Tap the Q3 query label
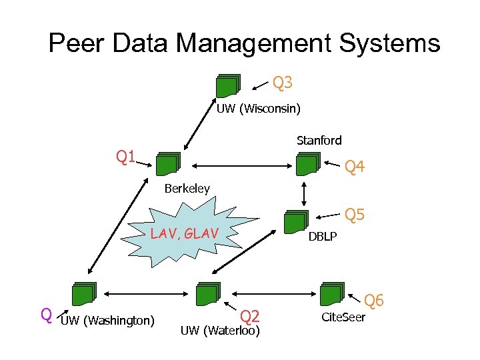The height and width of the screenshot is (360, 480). coord(283,83)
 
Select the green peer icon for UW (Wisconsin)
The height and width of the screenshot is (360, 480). coord(227,86)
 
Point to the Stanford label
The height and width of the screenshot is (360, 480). coord(319,140)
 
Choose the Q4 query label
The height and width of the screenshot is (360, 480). coord(354,167)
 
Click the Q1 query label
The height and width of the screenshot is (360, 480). coord(126,157)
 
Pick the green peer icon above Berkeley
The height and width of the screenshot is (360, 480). coord(168,164)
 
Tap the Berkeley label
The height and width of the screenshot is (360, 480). coord(187,189)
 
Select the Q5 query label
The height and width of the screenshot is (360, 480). coord(354,215)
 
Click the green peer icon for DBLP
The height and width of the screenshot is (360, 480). coord(295,222)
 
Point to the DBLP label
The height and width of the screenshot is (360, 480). coord(322,237)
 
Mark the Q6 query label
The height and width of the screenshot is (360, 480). coord(374,301)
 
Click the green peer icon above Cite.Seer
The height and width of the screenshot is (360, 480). coord(331,294)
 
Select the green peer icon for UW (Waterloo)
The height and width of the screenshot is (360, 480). coord(207,294)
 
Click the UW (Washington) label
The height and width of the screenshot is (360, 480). coord(107,321)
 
